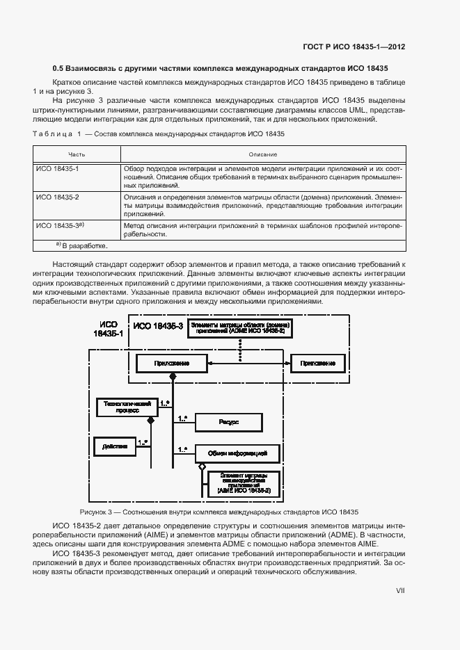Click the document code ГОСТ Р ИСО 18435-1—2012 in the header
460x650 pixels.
click(x=354, y=48)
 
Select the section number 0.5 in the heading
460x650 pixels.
click(x=59, y=70)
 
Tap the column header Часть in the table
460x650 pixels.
click(x=77, y=154)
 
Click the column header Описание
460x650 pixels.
click(x=263, y=154)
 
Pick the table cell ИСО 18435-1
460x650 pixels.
click(x=58, y=169)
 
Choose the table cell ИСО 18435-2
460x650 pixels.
click(x=58, y=197)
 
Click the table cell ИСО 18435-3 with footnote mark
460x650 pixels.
click(x=60, y=225)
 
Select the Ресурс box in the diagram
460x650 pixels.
click(x=228, y=422)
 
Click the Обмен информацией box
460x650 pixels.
click(x=237, y=453)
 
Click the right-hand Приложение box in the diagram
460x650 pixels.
click(x=318, y=363)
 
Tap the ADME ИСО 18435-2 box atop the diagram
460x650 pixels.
click(x=241, y=329)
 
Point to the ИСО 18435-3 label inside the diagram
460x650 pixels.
click(x=159, y=325)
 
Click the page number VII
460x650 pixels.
click(x=400, y=590)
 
